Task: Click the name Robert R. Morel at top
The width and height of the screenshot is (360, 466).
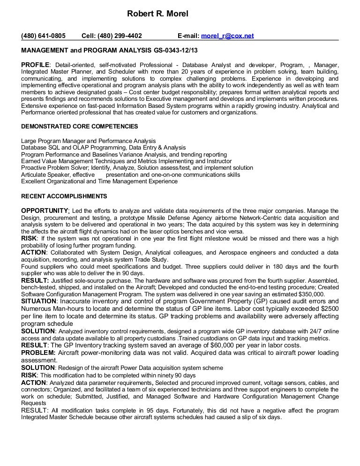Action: pyautogui.click(x=157, y=15)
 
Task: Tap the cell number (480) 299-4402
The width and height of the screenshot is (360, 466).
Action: pyautogui.click(x=112, y=35)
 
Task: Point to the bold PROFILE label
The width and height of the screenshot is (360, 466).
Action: pyautogui.click(x=35, y=64)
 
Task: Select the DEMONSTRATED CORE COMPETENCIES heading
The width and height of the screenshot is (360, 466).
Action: pyautogui.click(x=80, y=127)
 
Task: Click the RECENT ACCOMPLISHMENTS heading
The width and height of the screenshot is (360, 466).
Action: pyautogui.click(x=64, y=196)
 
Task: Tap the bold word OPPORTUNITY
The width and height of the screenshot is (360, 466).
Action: pyautogui.click(x=45, y=210)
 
